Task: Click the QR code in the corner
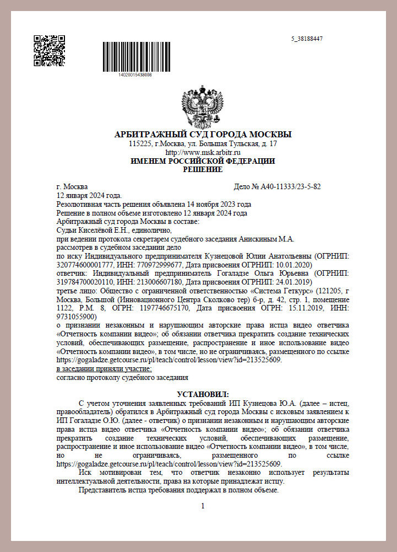tap(50, 51)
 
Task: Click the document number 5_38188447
tap(307, 39)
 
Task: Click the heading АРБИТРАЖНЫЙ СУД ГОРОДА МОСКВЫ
tap(203, 135)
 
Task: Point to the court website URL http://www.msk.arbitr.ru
tap(203, 152)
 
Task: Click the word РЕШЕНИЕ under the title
tap(202, 169)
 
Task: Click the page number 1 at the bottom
tap(203, 506)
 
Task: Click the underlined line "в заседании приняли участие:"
tap(104, 368)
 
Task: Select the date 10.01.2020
tap(292, 265)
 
